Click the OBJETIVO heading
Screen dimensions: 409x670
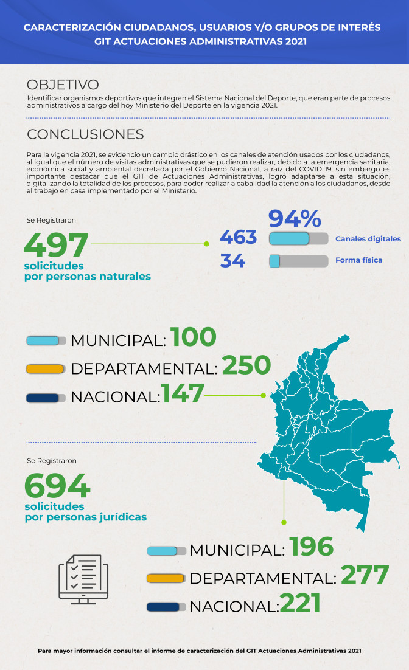[63, 85]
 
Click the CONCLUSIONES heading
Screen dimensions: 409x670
[85, 134]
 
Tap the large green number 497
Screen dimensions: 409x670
[57, 245]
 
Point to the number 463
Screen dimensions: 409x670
[238, 237]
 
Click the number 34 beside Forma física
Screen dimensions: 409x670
[232, 261]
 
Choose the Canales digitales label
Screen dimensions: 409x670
[368, 239]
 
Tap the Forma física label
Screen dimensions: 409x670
[358, 260]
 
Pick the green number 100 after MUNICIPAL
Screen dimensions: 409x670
[193, 337]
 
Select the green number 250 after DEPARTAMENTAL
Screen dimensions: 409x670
[246, 365]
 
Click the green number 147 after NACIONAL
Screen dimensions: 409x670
[182, 394]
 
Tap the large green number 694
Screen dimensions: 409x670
[57, 486]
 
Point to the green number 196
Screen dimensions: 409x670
[311, 547]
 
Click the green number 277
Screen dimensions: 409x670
[364, 575]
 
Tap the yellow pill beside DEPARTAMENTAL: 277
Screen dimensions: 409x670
[165, 578]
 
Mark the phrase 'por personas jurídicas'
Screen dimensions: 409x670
[85, 517]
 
